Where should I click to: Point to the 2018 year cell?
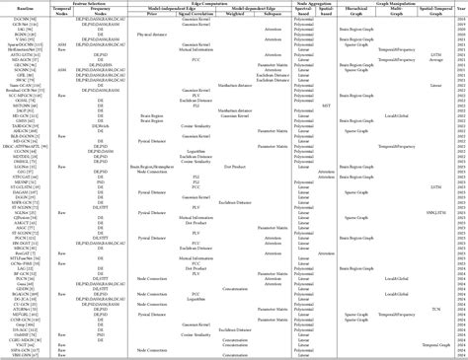(460, 19)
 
